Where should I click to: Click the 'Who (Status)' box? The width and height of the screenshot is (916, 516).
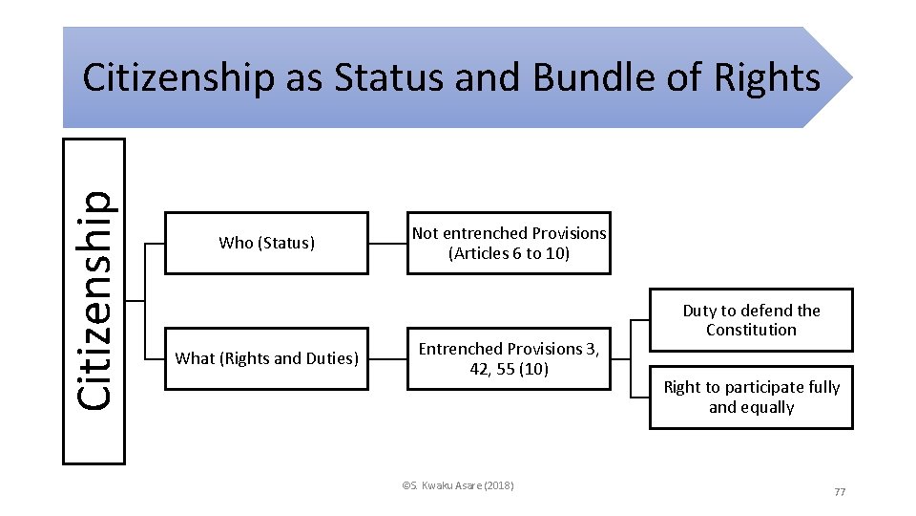coord(266,243)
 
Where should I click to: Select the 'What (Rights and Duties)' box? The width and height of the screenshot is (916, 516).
coord(266,358)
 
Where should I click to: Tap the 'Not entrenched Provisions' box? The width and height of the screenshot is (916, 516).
coord(509,243)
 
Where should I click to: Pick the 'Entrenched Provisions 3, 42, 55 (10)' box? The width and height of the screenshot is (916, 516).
coord(509,358)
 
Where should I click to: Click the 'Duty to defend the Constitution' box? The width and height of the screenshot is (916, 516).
coord(751,320)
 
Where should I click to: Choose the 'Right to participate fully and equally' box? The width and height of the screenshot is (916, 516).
coord(751,397)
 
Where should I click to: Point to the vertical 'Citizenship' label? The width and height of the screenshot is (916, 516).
coord(94,301)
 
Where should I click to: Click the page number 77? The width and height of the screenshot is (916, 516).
coord(840,491)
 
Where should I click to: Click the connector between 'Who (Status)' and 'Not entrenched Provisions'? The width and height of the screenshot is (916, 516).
coord(388,243)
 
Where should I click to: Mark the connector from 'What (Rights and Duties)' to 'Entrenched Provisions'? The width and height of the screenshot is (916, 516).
coord(388,358)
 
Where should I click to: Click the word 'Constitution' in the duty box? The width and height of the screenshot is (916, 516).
coord(751,330)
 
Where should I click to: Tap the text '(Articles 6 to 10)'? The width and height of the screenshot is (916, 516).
coord(509,253)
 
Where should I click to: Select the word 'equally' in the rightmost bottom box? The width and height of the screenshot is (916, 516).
coord(766,407)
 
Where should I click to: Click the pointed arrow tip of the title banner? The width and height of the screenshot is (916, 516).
coord(845,77)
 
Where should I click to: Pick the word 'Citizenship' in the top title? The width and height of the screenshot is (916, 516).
coord(177,78)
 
